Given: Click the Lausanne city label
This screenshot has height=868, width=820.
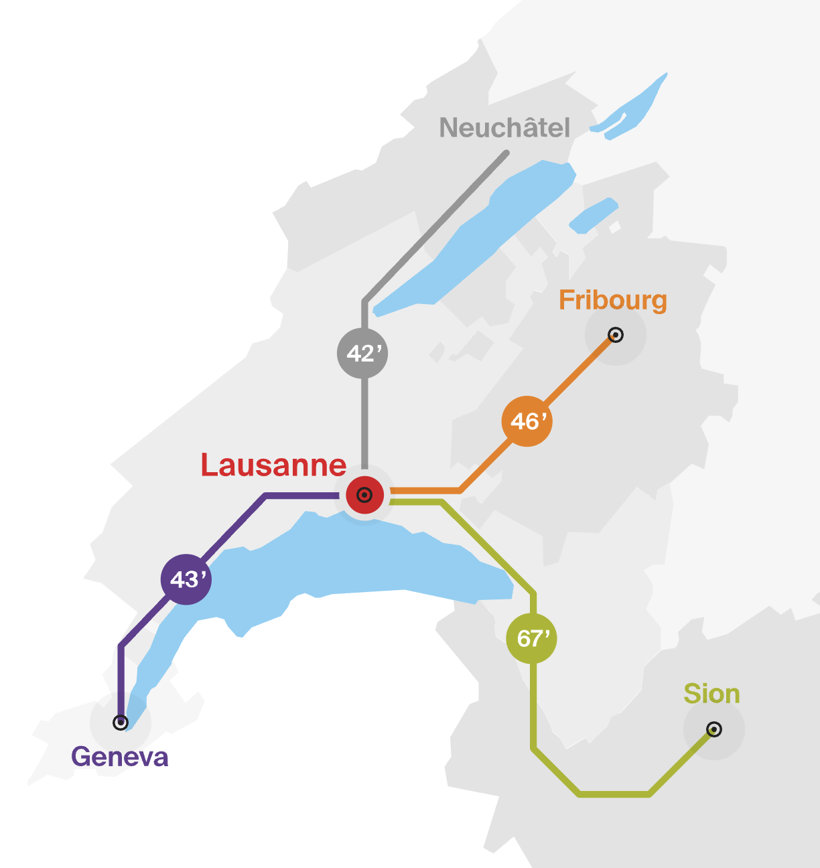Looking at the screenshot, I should click(273, 465).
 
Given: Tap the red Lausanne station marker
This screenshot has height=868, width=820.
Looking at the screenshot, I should click(364, 495).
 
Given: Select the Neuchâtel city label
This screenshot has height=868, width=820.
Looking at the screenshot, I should click(504, 128).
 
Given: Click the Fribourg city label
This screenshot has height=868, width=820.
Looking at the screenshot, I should click(612, 301).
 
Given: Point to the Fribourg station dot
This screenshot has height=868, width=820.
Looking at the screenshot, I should click(615, 335).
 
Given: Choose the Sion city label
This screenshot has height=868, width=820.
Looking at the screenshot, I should click(711, 695).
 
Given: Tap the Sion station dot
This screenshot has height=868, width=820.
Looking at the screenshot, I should click(714, 729).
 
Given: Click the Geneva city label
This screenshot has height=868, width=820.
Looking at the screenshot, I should click(120, 757).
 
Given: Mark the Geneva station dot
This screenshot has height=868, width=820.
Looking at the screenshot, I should click(121, 722).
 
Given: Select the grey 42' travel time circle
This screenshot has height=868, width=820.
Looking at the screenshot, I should click(362, 353).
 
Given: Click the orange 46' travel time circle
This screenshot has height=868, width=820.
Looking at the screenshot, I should click(527, 421).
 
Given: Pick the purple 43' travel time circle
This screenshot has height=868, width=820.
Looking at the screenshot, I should click(186, 579).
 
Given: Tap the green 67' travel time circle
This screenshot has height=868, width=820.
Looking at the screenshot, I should click(532, 638).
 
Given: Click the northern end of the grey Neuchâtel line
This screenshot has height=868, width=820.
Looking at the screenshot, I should click(506, 154).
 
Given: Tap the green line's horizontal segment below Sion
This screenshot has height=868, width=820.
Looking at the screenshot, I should click(614, 794).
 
